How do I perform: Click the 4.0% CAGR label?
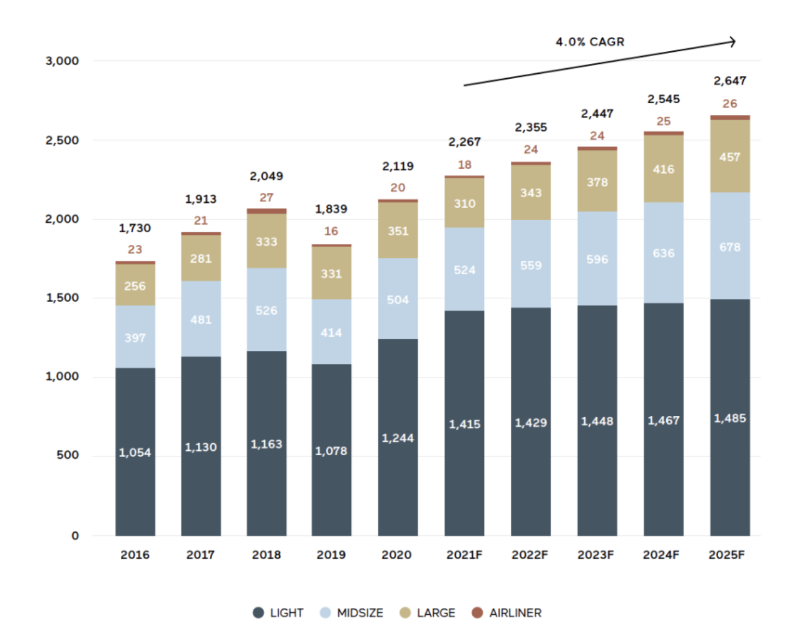pyautogui.click(x=590, y=42)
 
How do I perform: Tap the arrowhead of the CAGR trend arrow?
pyautogui.click(x=733, y=42)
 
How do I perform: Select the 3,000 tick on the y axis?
pyautogui.click(x=62, y=61)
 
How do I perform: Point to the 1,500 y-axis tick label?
pyautogui.click(x=62, y=298)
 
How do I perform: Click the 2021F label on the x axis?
pyautogui.click(x=464, y=555)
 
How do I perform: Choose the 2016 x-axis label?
pyautogui.click(x=135, y=555)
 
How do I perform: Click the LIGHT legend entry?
pyautogui.click(x=278, y=613)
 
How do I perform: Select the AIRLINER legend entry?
pyautogui.click(x=507, y=613)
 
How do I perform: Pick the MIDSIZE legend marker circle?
pyautogui.click(x=325, y=613)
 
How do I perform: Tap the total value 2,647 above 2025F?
pyautogui.click(x=730, y=81)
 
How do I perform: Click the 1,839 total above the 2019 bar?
pyautogui.click(x=331, y=209)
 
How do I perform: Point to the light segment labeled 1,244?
pyautogui.click(x=398, y=438)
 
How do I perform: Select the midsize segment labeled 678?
pyautogui.click(x=730, y=247)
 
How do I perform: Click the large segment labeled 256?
pyautogui.click(x=135, y=286)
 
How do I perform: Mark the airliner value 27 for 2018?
pyautogui.click(x=266, y=198)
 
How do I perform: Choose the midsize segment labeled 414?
pyautogui.click(x=331, y=332)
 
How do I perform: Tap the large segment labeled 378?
pyautogui.click(x=597, y=182)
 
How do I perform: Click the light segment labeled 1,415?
pyautogui.click(x=464, y=424)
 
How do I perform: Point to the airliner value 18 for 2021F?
pyautogui.click(x=464, y=165)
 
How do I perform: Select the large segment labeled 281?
pyautogui.click(x=201, y=258)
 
